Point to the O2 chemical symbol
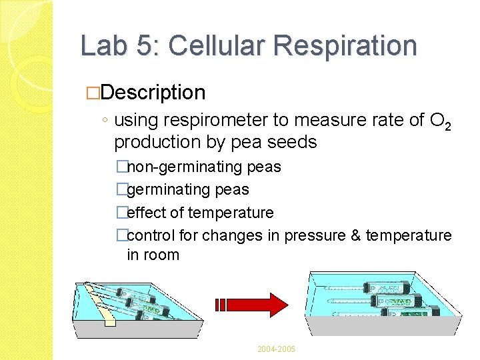click(x=441, y=122)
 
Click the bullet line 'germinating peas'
click(x=187, y=190)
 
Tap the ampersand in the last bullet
click(x=354, y=236)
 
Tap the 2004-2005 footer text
click(x=276, y=349)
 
